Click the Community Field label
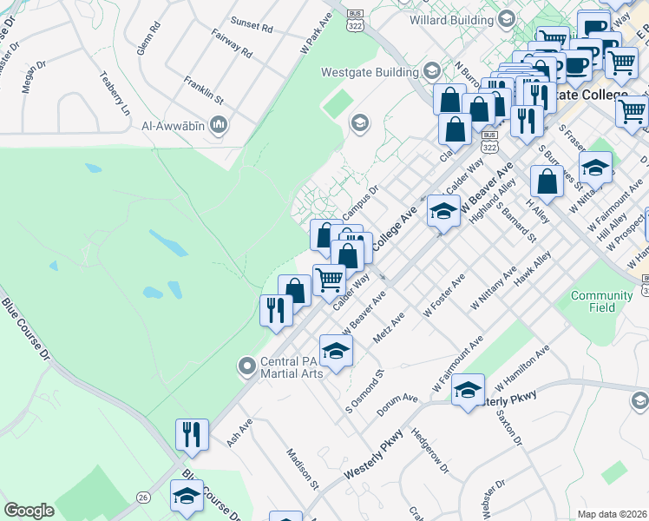point(602,301)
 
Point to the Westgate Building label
point(370,72)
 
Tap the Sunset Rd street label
point(252,26)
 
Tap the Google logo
point(29,511)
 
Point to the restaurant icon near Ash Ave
point(192,433)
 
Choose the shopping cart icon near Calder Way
point(329,280)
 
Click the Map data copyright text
point(612,514)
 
